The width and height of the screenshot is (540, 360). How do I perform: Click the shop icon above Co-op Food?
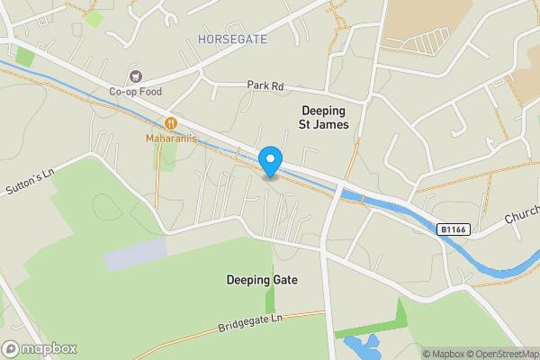[136, 76]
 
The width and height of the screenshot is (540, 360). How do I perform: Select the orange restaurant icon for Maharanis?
[170, 122]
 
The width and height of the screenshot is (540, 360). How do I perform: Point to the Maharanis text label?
[170, 138]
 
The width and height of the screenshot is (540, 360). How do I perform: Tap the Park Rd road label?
[265, 85]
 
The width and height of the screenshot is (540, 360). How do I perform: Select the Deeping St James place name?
[323, 116]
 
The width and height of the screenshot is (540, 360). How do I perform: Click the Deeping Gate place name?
[261, 280]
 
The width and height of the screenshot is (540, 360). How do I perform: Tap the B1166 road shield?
[454, 229]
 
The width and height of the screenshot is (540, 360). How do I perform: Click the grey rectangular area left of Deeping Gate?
[135, 253]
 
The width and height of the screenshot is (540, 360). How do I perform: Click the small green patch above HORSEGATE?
[94, 17]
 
